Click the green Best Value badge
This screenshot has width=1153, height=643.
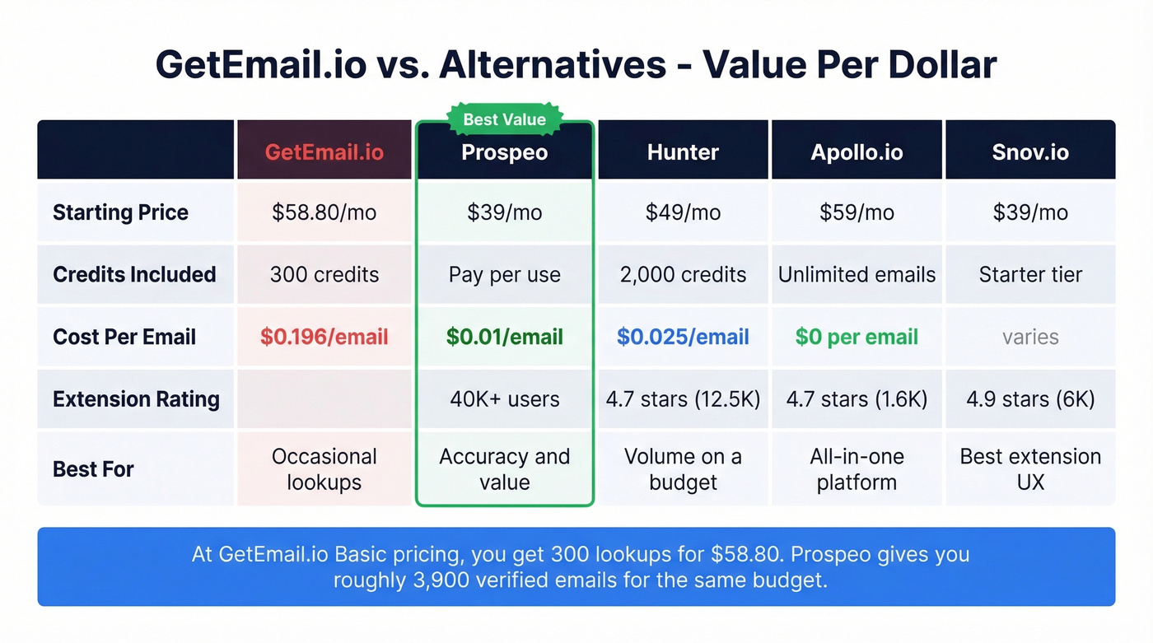click(x=504, y=119)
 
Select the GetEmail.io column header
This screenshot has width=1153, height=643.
click(x=324, y=152)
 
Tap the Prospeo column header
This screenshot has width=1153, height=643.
click(x=504, y=152)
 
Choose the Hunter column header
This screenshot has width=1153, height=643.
click(x=683, y=152)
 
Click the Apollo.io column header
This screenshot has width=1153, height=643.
click(x=857, y=152)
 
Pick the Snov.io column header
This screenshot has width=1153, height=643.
click(x=1030, y=152)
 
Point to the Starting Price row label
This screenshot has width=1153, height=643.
click(x=120, y=212)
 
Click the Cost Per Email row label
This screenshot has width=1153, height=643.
click(x=124, y=337)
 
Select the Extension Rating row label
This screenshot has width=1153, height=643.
click(x=136, y=399)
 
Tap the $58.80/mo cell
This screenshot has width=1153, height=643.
click(x=324, y=212)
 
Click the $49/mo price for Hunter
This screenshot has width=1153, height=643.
click(x=683, y=212)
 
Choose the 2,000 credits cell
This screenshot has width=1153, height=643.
click(x=683, y=274)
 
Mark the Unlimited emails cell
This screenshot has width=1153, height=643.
click(x=857, y=274)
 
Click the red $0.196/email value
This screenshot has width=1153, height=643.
click(x=324, y=337)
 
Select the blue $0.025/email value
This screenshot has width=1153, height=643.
click(x=683, y=337)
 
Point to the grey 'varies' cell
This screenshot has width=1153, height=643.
click(x=1030, y=337)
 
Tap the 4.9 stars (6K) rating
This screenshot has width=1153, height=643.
click(x=1030, y=399)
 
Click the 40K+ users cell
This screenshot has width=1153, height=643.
click(x=504, y=399)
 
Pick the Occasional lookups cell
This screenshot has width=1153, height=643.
click(x=324, y=469)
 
